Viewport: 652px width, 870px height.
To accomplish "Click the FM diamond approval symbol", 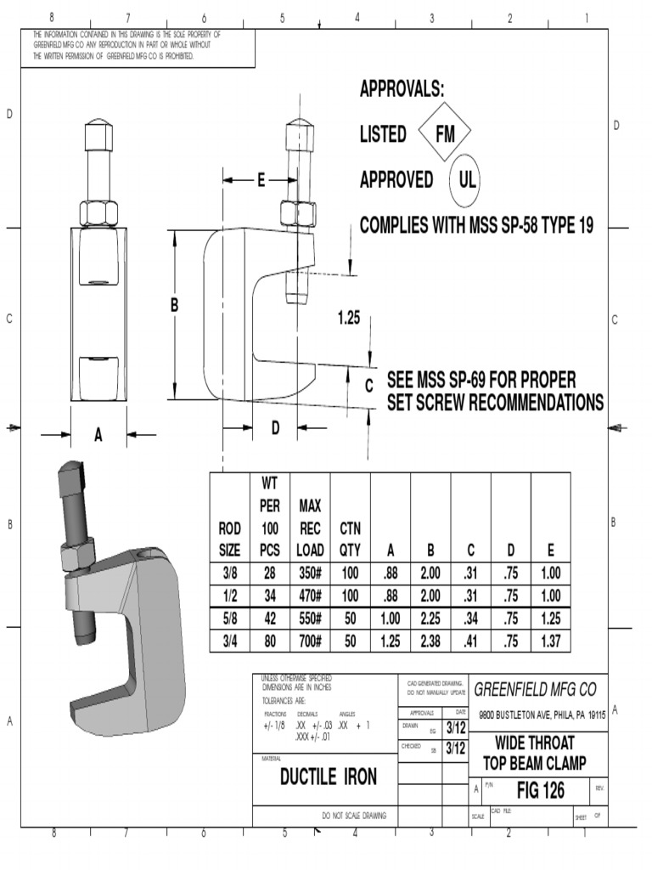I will click(x=446, y=134).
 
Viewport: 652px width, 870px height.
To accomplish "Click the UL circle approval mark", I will click(x=467, y=180).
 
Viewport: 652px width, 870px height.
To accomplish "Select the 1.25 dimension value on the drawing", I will click(x=349, y=318).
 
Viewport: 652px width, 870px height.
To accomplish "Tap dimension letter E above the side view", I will click(x=261, y=180).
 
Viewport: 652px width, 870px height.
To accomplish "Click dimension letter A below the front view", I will click(x=98, y=436).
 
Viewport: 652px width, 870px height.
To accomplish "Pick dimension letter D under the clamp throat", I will click(x=275, y=429).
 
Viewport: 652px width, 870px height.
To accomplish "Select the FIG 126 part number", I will click(x=540, y=791).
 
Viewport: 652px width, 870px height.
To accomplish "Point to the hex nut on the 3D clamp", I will click(x=75, y=556).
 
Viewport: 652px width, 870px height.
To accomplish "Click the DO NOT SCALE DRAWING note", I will click(x=354, y=816).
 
